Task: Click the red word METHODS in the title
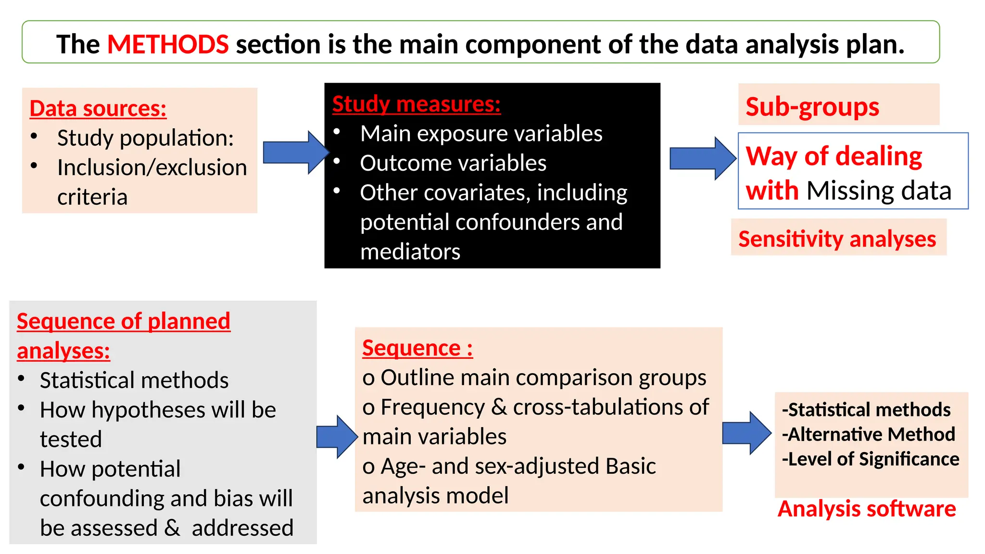pyautogui.click(x=167, y=44)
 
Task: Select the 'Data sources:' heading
pyautogui.click(x=98, y=108)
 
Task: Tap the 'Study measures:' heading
pyautogui.click(x=416, y=104)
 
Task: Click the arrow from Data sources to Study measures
pyautogui.click(x=294, y=152)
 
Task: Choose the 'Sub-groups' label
pyautogui.click(x=812, y=106)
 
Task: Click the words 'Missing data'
pyautogui.click(x=879, y=190)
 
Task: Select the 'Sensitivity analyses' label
pyautogui.click(x=837, y=239)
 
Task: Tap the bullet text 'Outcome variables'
pyautogui.click(x=453, y=163)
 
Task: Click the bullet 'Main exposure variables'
pyautogui.click(x=481, y=133)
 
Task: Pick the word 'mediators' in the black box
pyautogui.click(x=410, y=252)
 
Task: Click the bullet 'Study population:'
pyautogui.click(x=145, y=138)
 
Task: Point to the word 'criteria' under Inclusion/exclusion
pyautogui.click(x=92, y=197)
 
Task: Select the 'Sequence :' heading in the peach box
pyautogui.click(x=417, y=348)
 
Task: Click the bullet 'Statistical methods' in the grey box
pyautogui.click(x=134, y=380)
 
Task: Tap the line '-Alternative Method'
pyautogui.click(x=868, y=434)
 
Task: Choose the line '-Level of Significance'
pyautogui.click(x=870, y=459)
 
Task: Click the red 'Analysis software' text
pyautogui.click(x=866, y=509)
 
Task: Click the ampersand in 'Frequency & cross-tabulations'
pyautogui.click(x=499, y=407)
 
